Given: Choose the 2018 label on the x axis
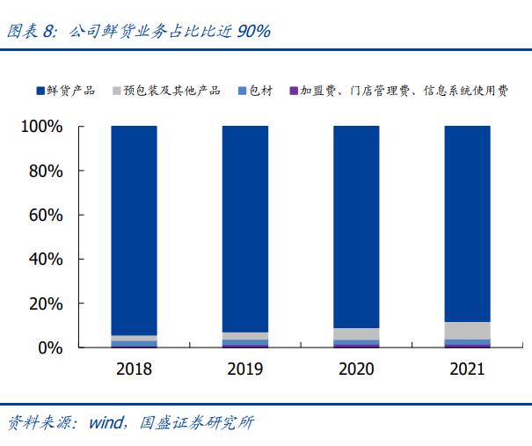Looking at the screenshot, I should click(x=135, y=369).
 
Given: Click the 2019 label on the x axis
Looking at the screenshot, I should click(x=245, y=369).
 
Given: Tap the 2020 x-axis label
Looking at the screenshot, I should click(x=356, y=369).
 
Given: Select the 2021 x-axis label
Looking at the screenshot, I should click(x=467, y=369).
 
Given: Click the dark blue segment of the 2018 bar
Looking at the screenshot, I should click(x=135, y=229).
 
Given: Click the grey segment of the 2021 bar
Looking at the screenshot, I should click(x=467, y=331).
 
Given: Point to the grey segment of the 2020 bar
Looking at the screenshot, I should click(x=356, y=334).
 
